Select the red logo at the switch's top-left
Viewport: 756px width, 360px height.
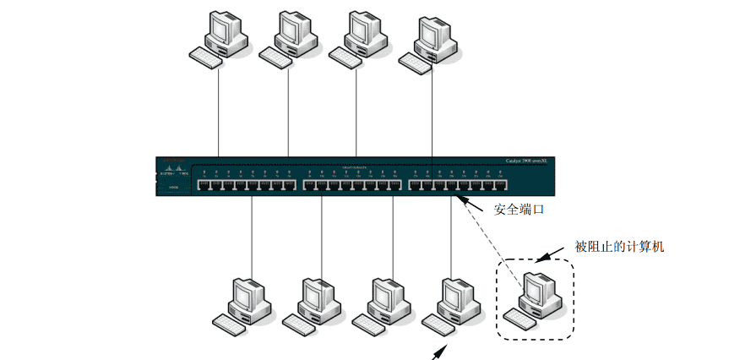172,162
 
